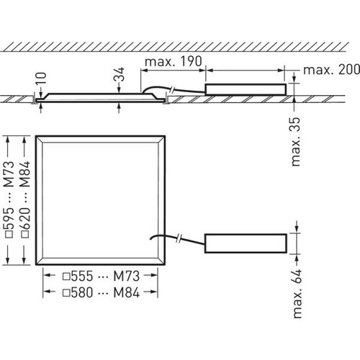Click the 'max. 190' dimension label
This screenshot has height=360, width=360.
point(174,62)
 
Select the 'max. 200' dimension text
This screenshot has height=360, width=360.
point(332,70)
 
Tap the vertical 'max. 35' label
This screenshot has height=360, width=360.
point(295,142)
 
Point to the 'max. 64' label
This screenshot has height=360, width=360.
point(297,294)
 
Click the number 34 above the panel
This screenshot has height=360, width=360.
point(120,74)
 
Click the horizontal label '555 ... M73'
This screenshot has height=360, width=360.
point(101,276)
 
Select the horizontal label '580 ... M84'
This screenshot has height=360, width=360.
point(101,292)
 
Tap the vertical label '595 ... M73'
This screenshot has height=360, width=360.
point(10,199)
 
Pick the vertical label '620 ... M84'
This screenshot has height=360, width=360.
point(26,199)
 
